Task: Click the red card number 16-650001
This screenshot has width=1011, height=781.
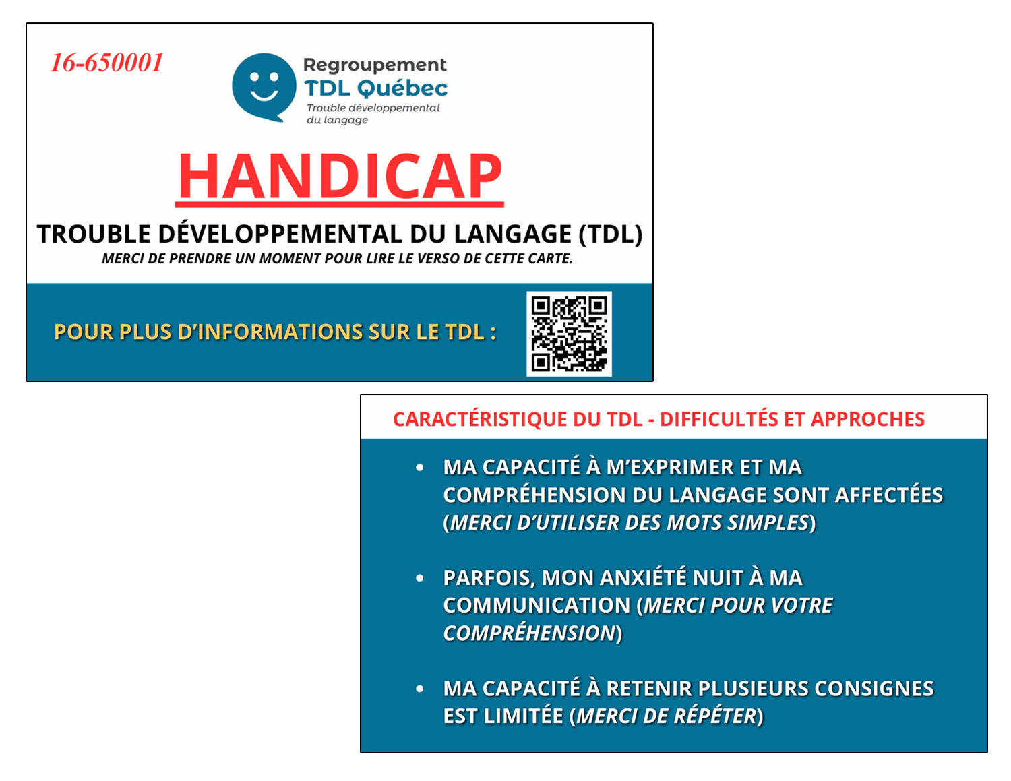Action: (x=106, y=62)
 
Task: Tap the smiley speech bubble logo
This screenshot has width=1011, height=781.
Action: (x=264, y=87)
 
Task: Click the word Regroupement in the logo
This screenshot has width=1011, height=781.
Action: (x=375, y=65)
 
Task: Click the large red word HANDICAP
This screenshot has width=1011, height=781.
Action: (x=340, y=177)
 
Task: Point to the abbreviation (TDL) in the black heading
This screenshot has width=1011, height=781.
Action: (x=610, y=234)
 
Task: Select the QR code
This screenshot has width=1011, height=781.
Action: (x=569, y=334)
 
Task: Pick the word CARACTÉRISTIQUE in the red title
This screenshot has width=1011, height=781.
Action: (x=480, y=418)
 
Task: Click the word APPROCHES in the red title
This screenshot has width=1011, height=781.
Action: (x=867, y=419)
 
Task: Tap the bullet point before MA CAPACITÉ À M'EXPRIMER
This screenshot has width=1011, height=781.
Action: (x=420, y=468)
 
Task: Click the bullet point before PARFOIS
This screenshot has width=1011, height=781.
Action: (x=420, y=578)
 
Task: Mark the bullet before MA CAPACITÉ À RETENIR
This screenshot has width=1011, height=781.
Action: (x=420, y=689)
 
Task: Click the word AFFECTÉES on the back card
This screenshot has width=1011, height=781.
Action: (x=889, y=495)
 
